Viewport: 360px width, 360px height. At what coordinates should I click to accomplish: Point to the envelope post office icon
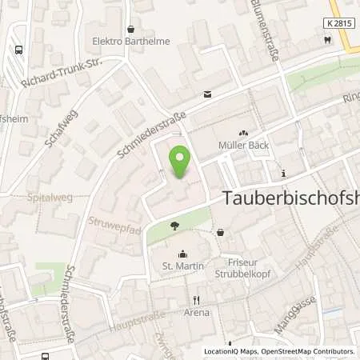click(207, 94)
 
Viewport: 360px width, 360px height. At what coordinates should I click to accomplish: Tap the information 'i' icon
click(283, 173)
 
